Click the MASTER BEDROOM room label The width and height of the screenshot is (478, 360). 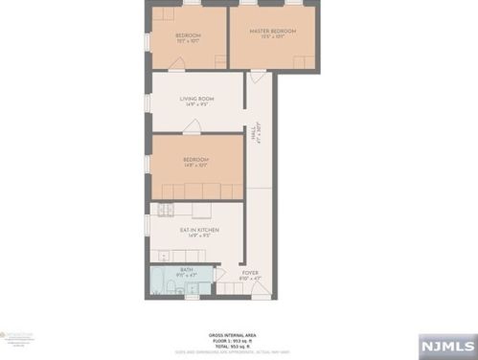pyautogui.click(x=273, y=31)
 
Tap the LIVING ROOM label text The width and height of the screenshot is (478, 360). pyautogui.click(x=196, y=99)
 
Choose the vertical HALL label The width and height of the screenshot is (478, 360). pyautogui.click(x=255, y=135)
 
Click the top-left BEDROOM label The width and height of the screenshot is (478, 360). pyautogui.click(x=187, y=35)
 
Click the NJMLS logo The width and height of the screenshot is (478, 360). pyautogui.click(x=449, y=344)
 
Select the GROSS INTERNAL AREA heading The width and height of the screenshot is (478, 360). pyautogui.click(x=239, y=334)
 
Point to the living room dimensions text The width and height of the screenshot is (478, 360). pyautogui.click(x=196, y=104)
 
